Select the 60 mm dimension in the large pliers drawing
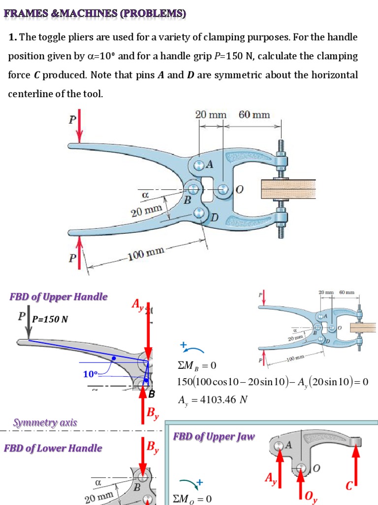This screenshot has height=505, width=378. tap(254, 115)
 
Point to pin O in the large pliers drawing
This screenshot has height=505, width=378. tap(224, 189)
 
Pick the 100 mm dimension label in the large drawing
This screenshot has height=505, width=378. tap(146, 255)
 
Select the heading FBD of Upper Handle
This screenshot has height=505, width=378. tap(58, 296)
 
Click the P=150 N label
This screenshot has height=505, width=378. tap(50, 319)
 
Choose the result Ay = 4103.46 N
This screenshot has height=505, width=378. tap(212, 400)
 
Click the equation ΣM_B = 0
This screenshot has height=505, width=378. tap(196, 366)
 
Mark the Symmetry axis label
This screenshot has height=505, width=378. tap(45, 423)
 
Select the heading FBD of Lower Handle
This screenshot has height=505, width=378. tap(53, 448)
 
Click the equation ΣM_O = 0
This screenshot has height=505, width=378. tap(192, 499)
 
